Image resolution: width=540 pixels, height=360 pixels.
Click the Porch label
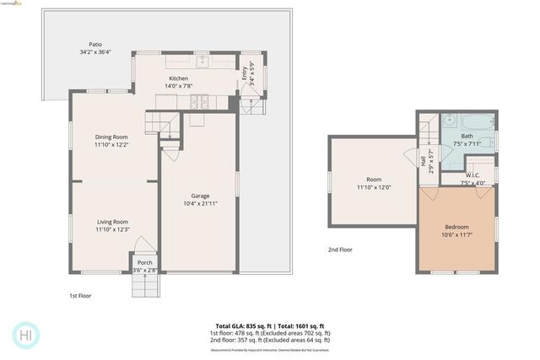[x=145, y=262]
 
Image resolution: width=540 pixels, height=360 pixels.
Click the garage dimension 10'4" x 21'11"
[x=200, y=203]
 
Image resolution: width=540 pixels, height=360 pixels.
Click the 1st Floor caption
[x=81, y=296]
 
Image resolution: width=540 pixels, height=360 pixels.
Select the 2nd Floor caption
[x=340, y=250]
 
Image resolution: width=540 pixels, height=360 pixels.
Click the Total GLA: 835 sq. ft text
[x=235, y=325]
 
